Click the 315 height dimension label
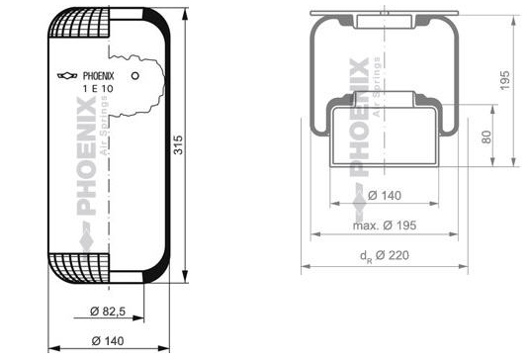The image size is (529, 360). point(178,145)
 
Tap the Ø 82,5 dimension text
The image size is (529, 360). point(108,312)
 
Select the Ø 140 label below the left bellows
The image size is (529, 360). point(108,341)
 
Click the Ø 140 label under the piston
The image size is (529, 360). point(385,196)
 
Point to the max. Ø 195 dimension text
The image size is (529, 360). point(385,225)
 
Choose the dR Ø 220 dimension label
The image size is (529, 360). point(385,256)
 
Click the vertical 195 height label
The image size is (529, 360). point(504,80)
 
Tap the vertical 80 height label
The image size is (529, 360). point(486,137)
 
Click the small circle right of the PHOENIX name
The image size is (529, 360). point(134,75)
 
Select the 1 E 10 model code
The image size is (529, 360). point(98,89)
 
